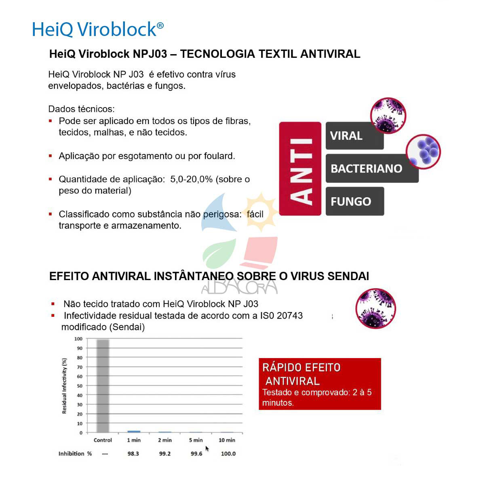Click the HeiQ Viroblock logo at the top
[98, 29]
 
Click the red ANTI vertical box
[300, 169]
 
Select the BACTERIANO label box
[371, 169]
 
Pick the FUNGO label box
[354, 201]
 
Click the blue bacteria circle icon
[423, 151]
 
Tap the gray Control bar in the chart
[103, 386]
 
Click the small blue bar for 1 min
[134, 432]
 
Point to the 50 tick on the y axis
[80, 386]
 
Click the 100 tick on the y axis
[78, 339]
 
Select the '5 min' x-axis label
[196, 440]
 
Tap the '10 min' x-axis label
[227, 440]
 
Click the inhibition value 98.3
[133, 454]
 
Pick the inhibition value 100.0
[228, 454]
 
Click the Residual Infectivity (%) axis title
[64, 386]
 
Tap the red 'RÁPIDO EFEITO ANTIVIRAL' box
[319, 384]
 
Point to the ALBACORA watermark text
[239, 287]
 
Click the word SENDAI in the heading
[348, 276]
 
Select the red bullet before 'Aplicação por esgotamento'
[51, 156]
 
